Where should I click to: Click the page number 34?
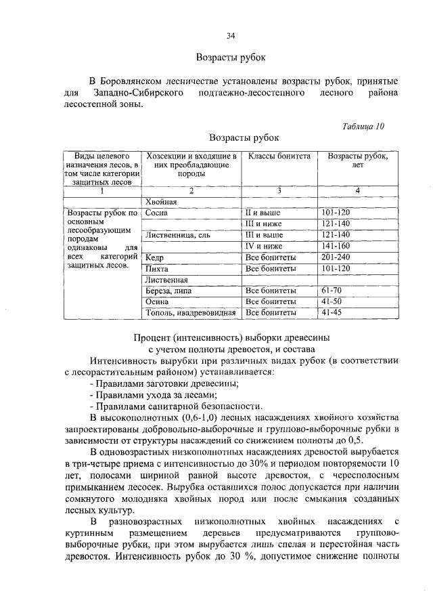pos(231,35)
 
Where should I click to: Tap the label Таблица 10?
pos(363,126)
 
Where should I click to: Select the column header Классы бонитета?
pos(279,156)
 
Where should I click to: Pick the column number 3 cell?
pos(279,190)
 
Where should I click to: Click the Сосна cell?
pos(156,213)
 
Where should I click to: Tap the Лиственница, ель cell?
pos(173,235)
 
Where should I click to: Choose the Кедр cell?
pos(155,257)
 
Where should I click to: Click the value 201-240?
pos(336,257)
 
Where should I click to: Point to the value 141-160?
pos(336,246)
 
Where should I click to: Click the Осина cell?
pos(157,302)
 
